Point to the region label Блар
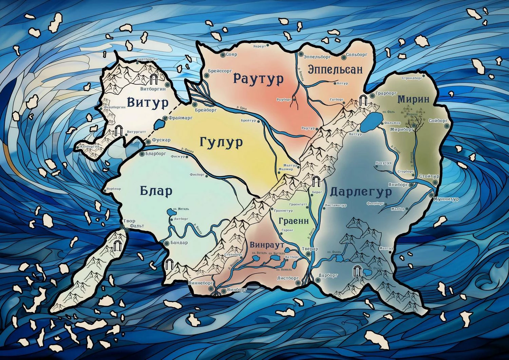(156, 192)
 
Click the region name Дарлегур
(361, 192)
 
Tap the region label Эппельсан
(335, 70)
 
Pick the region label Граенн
(294, 221)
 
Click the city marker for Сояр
(223, 54)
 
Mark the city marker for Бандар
(166, 243)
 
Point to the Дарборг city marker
(318, 280)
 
